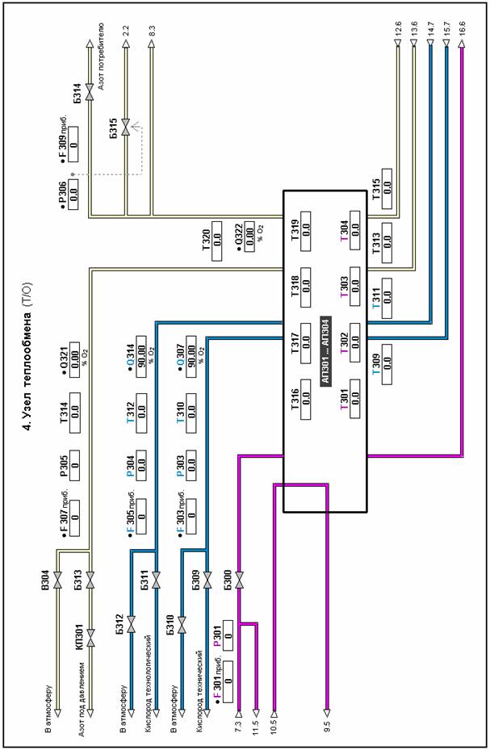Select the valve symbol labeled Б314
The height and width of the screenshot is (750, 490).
(90, 97)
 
